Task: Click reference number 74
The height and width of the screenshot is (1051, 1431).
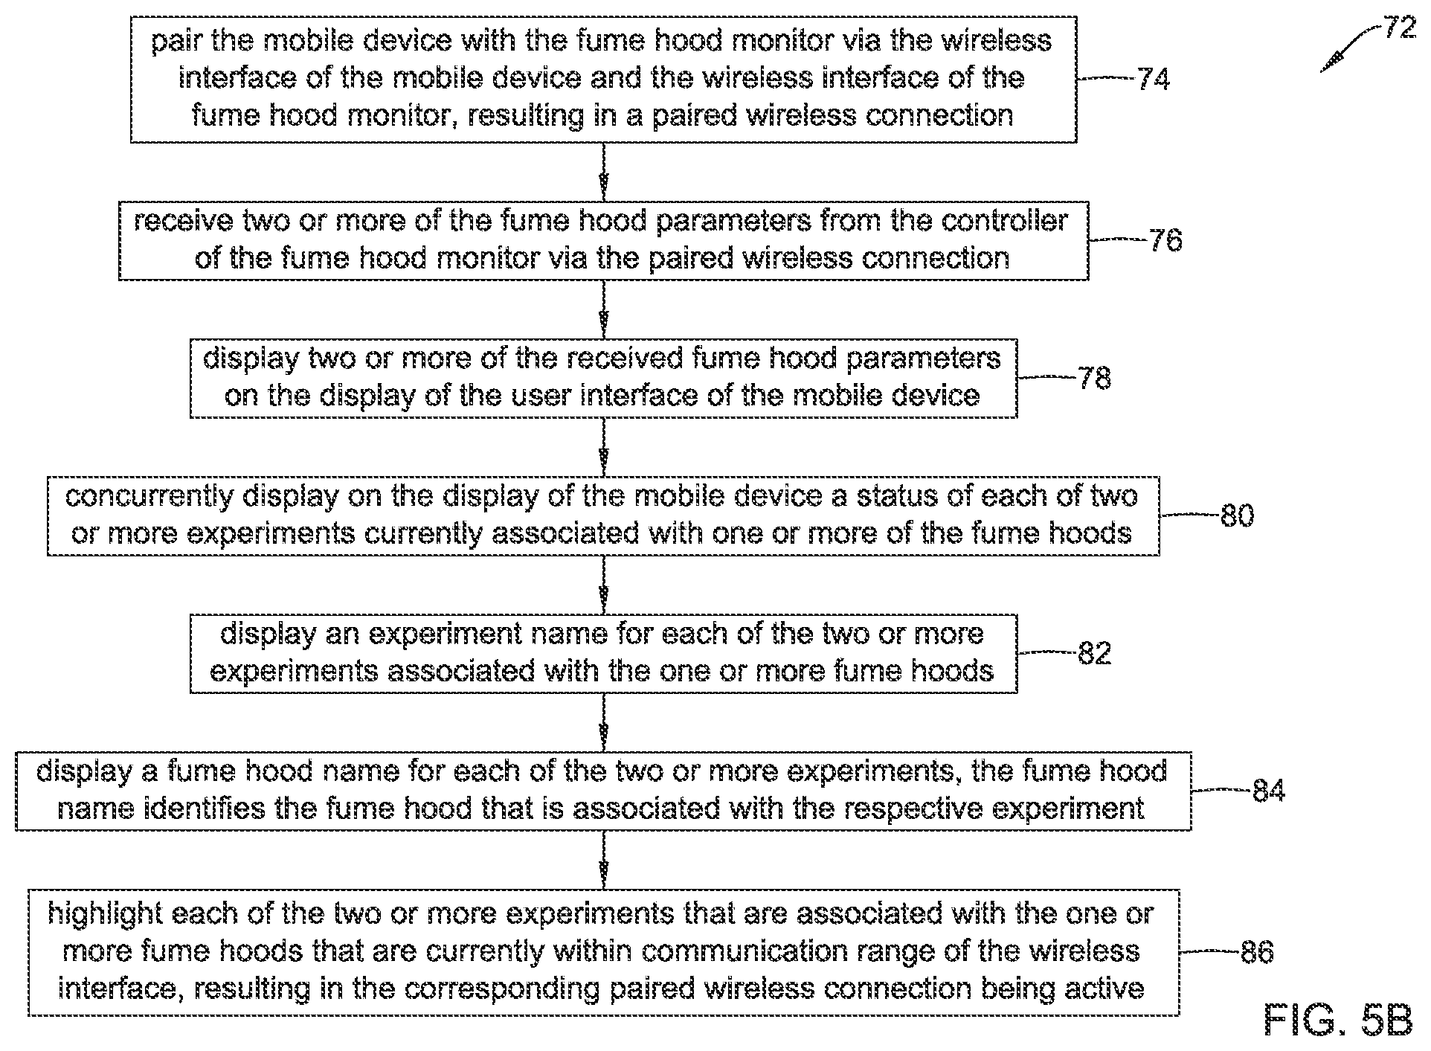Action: pos(1154,78)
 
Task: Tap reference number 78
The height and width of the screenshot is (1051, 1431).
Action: pos(1094,378)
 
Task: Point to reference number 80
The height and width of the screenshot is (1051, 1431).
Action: pos(1237,515)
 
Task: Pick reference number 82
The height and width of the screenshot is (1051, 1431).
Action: pos(1094,653)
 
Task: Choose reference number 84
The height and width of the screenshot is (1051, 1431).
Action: pos(1269,791)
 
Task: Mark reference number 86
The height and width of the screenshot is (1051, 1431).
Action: pos(1257,951)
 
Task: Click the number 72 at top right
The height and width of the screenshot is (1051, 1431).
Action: pos(1398,28)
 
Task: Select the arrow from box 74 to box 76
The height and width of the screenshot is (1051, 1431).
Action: pos(603,172)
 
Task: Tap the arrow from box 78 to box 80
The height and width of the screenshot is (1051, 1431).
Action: pos(603,447)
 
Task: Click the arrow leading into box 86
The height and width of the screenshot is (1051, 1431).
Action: pos(603,860)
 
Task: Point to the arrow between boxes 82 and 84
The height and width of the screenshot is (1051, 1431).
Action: pos(603,722)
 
